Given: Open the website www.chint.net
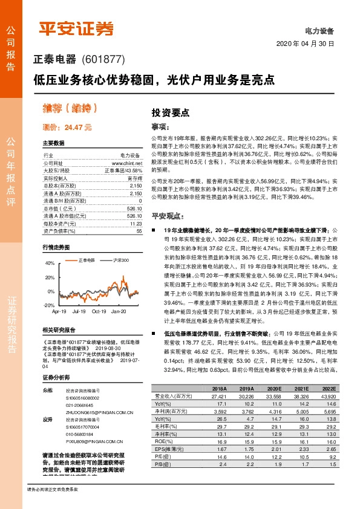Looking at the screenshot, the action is click(x=127, y=163).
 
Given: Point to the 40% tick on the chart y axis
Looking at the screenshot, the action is click(x=49, y=264).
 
